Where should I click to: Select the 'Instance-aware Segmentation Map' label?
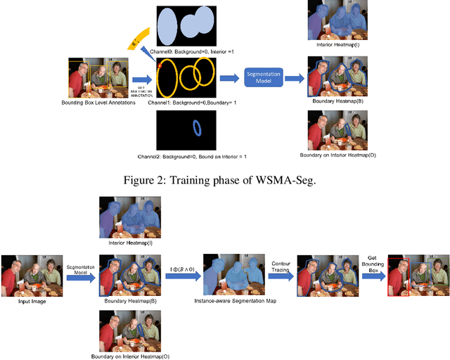coord(233,302)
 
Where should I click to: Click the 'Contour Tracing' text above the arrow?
coord(281,266)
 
